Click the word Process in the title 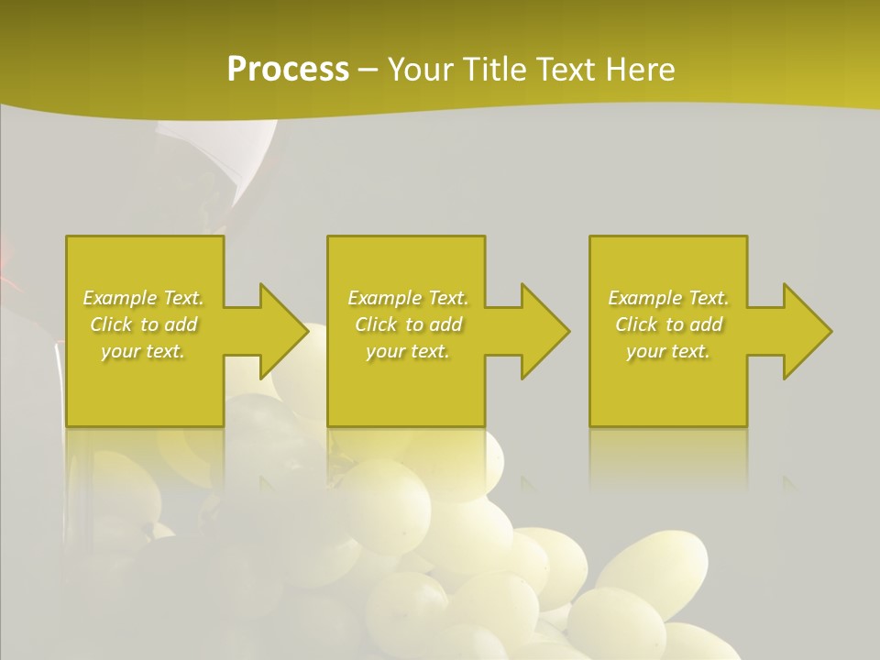point(288,69)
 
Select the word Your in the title point(423,69)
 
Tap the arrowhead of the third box point(806,332)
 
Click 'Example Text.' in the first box point(144,298)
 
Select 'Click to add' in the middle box point(408,324)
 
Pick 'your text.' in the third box point(668,351)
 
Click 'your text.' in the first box point(144,351)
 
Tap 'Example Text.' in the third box point(668,298)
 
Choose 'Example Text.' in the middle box point(408,298)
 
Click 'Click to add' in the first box point(144,324)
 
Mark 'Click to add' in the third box point(668,324)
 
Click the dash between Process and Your point(368,70)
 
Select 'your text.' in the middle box point(408,351)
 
